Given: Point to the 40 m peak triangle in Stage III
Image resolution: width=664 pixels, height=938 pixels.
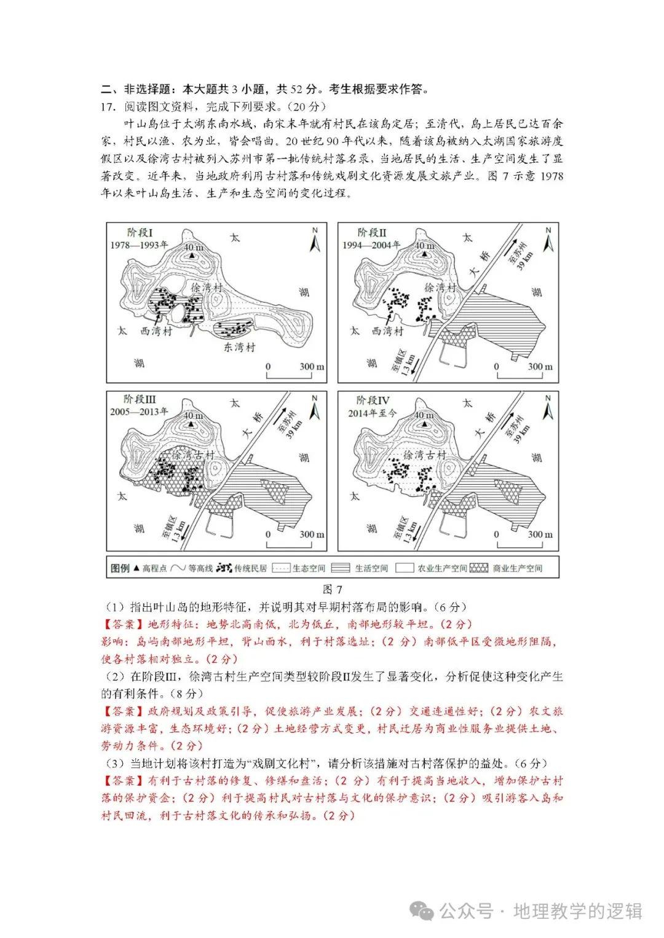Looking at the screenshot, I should pyautogui.click(x=192, y=424).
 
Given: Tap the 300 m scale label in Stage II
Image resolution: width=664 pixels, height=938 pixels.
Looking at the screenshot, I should pyautogui.click(x=540, y=367).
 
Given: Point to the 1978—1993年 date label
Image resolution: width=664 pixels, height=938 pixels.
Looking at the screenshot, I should pyautogui.click(x=140, y=244).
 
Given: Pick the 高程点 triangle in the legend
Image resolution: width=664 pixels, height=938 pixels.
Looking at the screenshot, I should pyautogui.click(x=136, y=568).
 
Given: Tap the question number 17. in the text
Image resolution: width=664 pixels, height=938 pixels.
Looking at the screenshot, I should pyautogui.click(x=108, y=106).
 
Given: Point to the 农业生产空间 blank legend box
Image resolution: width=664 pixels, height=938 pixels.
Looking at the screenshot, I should pyautogui.click(x=404, y=568).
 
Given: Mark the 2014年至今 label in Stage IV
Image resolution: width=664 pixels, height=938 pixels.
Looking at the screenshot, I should pyautogui.click(x=371, y=413).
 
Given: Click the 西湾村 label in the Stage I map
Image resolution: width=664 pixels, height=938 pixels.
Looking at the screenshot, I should pyautogui.click(x=157, y=331).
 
